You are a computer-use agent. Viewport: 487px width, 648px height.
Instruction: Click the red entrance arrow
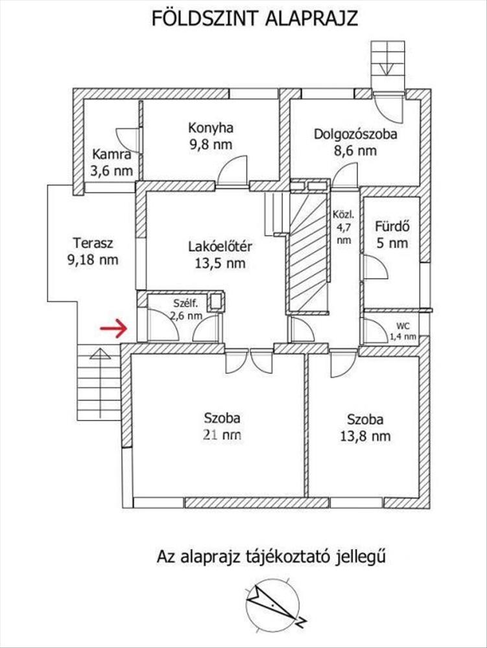click(x=113, y=329)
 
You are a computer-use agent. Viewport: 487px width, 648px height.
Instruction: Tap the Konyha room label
click(x=210, y=128)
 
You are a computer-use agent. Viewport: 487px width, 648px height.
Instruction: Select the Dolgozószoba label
click(x=355, y=134)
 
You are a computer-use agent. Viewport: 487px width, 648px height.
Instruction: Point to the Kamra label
click(x=112, y=154)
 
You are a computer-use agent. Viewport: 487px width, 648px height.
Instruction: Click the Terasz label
click(x=93, y=242)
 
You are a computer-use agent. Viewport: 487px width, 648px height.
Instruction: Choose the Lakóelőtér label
click(x=220, y=247)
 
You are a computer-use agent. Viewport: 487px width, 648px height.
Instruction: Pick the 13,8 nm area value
click(x=365, y=436)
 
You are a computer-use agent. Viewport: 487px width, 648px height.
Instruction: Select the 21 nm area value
click(x=222, y=435)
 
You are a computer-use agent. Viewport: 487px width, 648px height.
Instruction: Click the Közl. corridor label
click(x=344, y=215)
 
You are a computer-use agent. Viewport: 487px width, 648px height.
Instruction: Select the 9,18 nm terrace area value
click(x=92, y=260)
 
